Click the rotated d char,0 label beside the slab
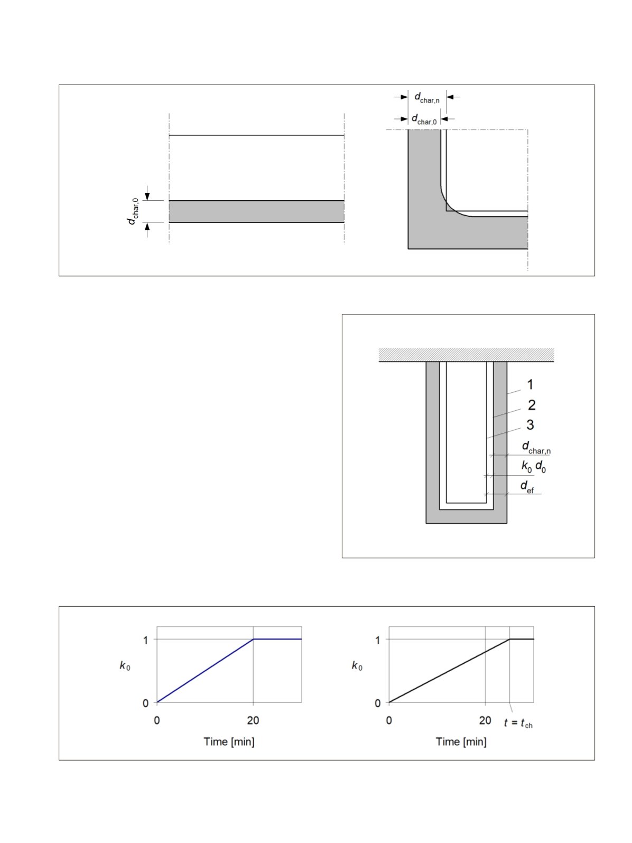coord(133,211)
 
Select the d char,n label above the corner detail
coord(426,98)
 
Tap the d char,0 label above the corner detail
coord(424,119)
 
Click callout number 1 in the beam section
coord(530,384)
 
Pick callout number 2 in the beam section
coord(532,405)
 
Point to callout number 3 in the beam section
coord(530,424)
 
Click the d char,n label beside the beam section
coord(536,448)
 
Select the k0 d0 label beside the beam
coord(533,467)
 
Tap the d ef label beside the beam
coord(527,487)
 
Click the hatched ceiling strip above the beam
coord(466,355)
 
